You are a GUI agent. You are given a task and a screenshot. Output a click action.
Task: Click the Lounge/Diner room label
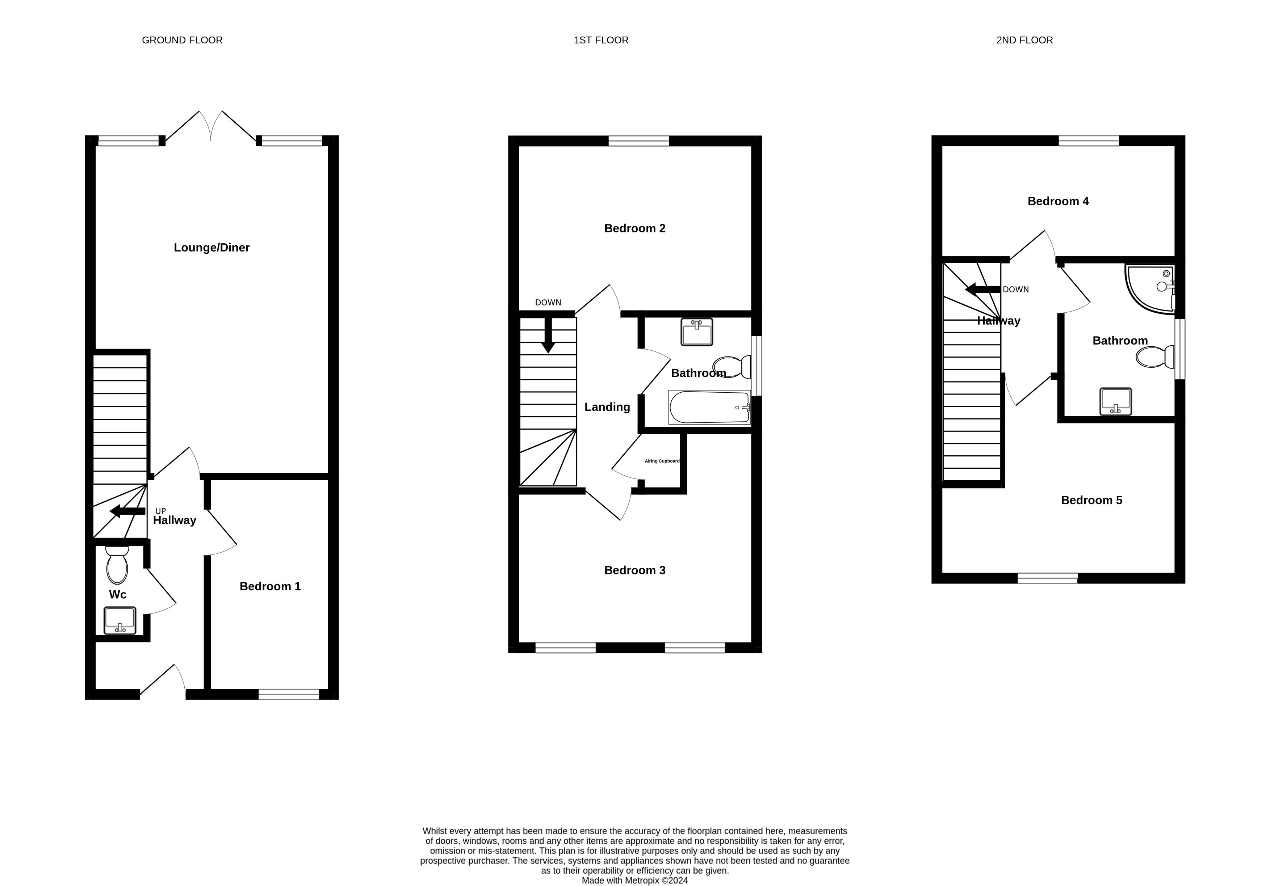(212, 248)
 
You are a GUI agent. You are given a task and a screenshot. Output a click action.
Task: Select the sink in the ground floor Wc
(120, 621)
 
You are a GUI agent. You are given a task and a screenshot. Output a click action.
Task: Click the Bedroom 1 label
(270, 586)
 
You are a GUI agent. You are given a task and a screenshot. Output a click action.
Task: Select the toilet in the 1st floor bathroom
(731, 366)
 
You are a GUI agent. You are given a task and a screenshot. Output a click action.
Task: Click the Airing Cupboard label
(662, 461)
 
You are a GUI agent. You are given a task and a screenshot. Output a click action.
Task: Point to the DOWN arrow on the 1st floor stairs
(548, 335)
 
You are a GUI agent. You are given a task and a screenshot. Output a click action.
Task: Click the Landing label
(607, 407)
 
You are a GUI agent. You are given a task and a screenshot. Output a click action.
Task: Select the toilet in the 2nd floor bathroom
(1155, 356)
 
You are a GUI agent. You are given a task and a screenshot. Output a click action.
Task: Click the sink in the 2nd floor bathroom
(1116, 401)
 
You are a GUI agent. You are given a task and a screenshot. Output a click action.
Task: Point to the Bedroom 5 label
(1091, 500)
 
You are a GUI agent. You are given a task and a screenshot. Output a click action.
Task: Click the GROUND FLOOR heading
(182, 40)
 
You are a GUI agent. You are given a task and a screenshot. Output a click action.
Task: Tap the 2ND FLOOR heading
(1024, 40)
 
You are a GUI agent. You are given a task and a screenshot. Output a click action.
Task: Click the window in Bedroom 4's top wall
(1089, 141)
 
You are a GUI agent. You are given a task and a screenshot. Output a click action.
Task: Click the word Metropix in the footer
(642, 881)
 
